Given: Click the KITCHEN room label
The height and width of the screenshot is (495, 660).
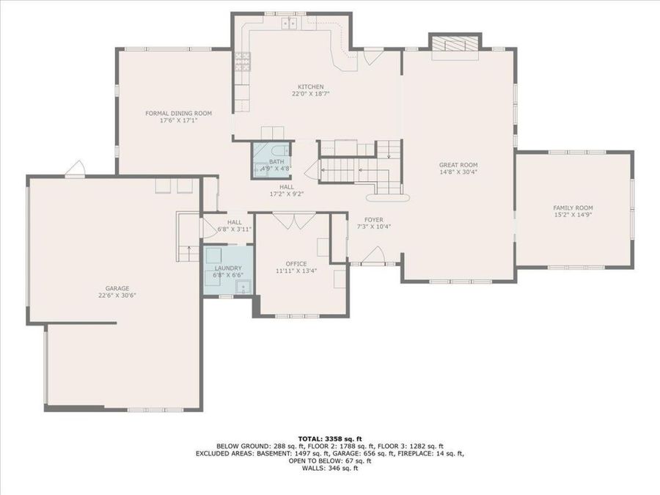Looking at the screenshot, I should (x=307, y=87).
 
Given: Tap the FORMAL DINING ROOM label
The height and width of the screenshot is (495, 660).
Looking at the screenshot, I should (x=178, y=113).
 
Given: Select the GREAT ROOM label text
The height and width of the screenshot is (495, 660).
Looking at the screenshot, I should (x=458, y=165).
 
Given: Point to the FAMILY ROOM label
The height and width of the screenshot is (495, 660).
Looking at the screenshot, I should (x=573, y=208).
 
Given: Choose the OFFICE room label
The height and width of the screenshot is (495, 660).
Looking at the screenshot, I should (x=296, y=263).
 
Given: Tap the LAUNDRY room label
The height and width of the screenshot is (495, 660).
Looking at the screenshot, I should (x=228, y=268).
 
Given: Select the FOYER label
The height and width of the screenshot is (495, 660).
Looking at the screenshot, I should (x=374, y=219).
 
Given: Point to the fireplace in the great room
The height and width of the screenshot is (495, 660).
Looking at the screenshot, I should (x=455, y=45).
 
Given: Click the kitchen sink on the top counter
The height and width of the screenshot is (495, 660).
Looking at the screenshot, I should (x=290, y=23).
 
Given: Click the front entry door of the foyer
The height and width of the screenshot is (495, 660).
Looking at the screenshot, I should (x=374, y=256).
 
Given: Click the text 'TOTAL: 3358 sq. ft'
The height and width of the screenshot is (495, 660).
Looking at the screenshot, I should (x=329, y=438).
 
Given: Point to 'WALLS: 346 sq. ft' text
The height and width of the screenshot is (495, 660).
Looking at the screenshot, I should (x=329, y=468).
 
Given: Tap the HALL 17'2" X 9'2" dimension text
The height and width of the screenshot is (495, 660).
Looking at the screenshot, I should (x=287, y=194).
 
